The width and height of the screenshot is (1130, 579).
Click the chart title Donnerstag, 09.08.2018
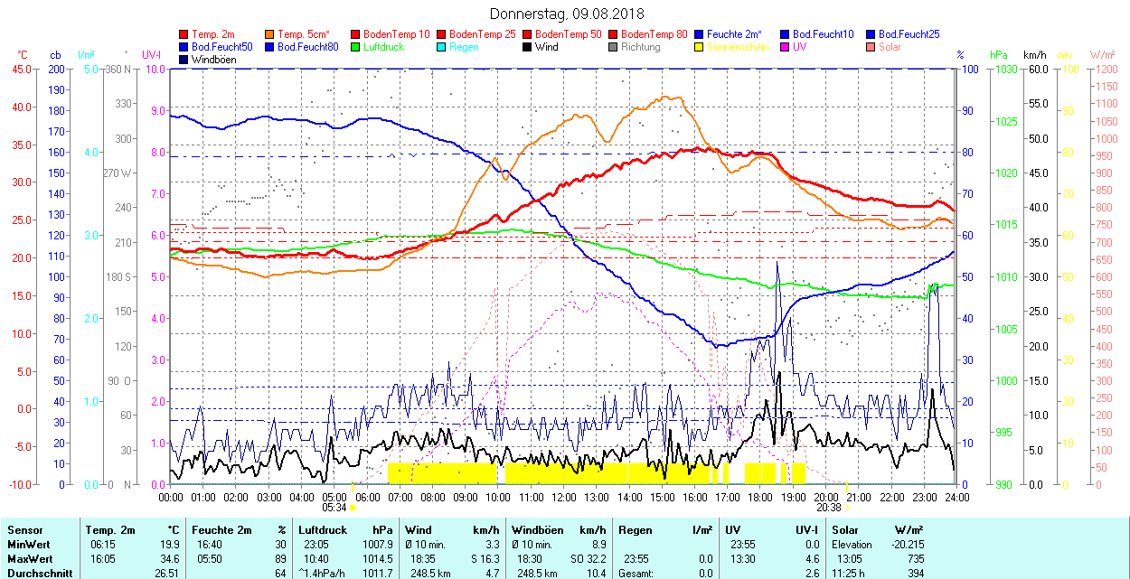566,14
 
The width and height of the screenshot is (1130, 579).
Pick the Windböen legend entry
213,60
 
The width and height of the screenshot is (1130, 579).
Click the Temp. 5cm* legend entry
303,34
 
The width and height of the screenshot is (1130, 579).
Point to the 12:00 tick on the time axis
564,497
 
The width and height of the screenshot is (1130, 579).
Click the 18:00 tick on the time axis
760,497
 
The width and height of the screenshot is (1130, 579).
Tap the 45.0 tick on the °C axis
20,69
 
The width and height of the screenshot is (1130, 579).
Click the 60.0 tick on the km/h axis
1036,69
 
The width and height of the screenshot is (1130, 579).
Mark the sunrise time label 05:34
334,508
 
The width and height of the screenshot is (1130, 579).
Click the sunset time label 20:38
829,508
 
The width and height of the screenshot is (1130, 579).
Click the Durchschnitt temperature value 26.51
166,573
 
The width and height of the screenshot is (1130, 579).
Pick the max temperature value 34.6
169,559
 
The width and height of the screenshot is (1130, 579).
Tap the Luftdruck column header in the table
323,530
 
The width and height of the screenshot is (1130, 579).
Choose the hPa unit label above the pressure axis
998,55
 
